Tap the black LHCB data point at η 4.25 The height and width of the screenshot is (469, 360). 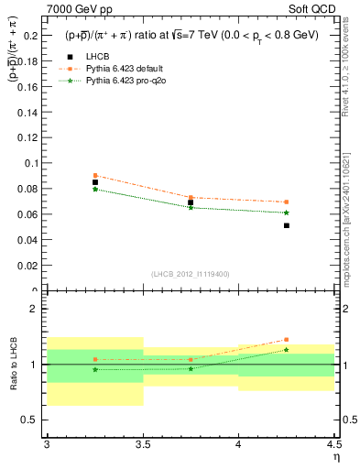click(x=287, y=225)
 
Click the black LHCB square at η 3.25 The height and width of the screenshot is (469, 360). click(x=95, y=182)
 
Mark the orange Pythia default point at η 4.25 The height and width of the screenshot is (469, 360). click(x=287, y=202)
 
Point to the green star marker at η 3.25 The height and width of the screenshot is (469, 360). click(x=95, y=190)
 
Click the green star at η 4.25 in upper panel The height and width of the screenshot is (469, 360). click(x=287, y=213)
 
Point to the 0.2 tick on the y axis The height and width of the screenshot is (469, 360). click(x=34, y=35)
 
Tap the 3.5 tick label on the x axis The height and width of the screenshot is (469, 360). click(x=143, y=444)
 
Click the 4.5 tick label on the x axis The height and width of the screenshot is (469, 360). click(x=333, y=444)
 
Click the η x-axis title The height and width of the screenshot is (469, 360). click(x=336, y=456)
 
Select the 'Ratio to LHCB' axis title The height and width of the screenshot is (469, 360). click(x=13, y=365)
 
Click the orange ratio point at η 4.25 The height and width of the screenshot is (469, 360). click(x=287, y=339)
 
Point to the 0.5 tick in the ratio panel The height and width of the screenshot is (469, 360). click(x=34, y=420)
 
